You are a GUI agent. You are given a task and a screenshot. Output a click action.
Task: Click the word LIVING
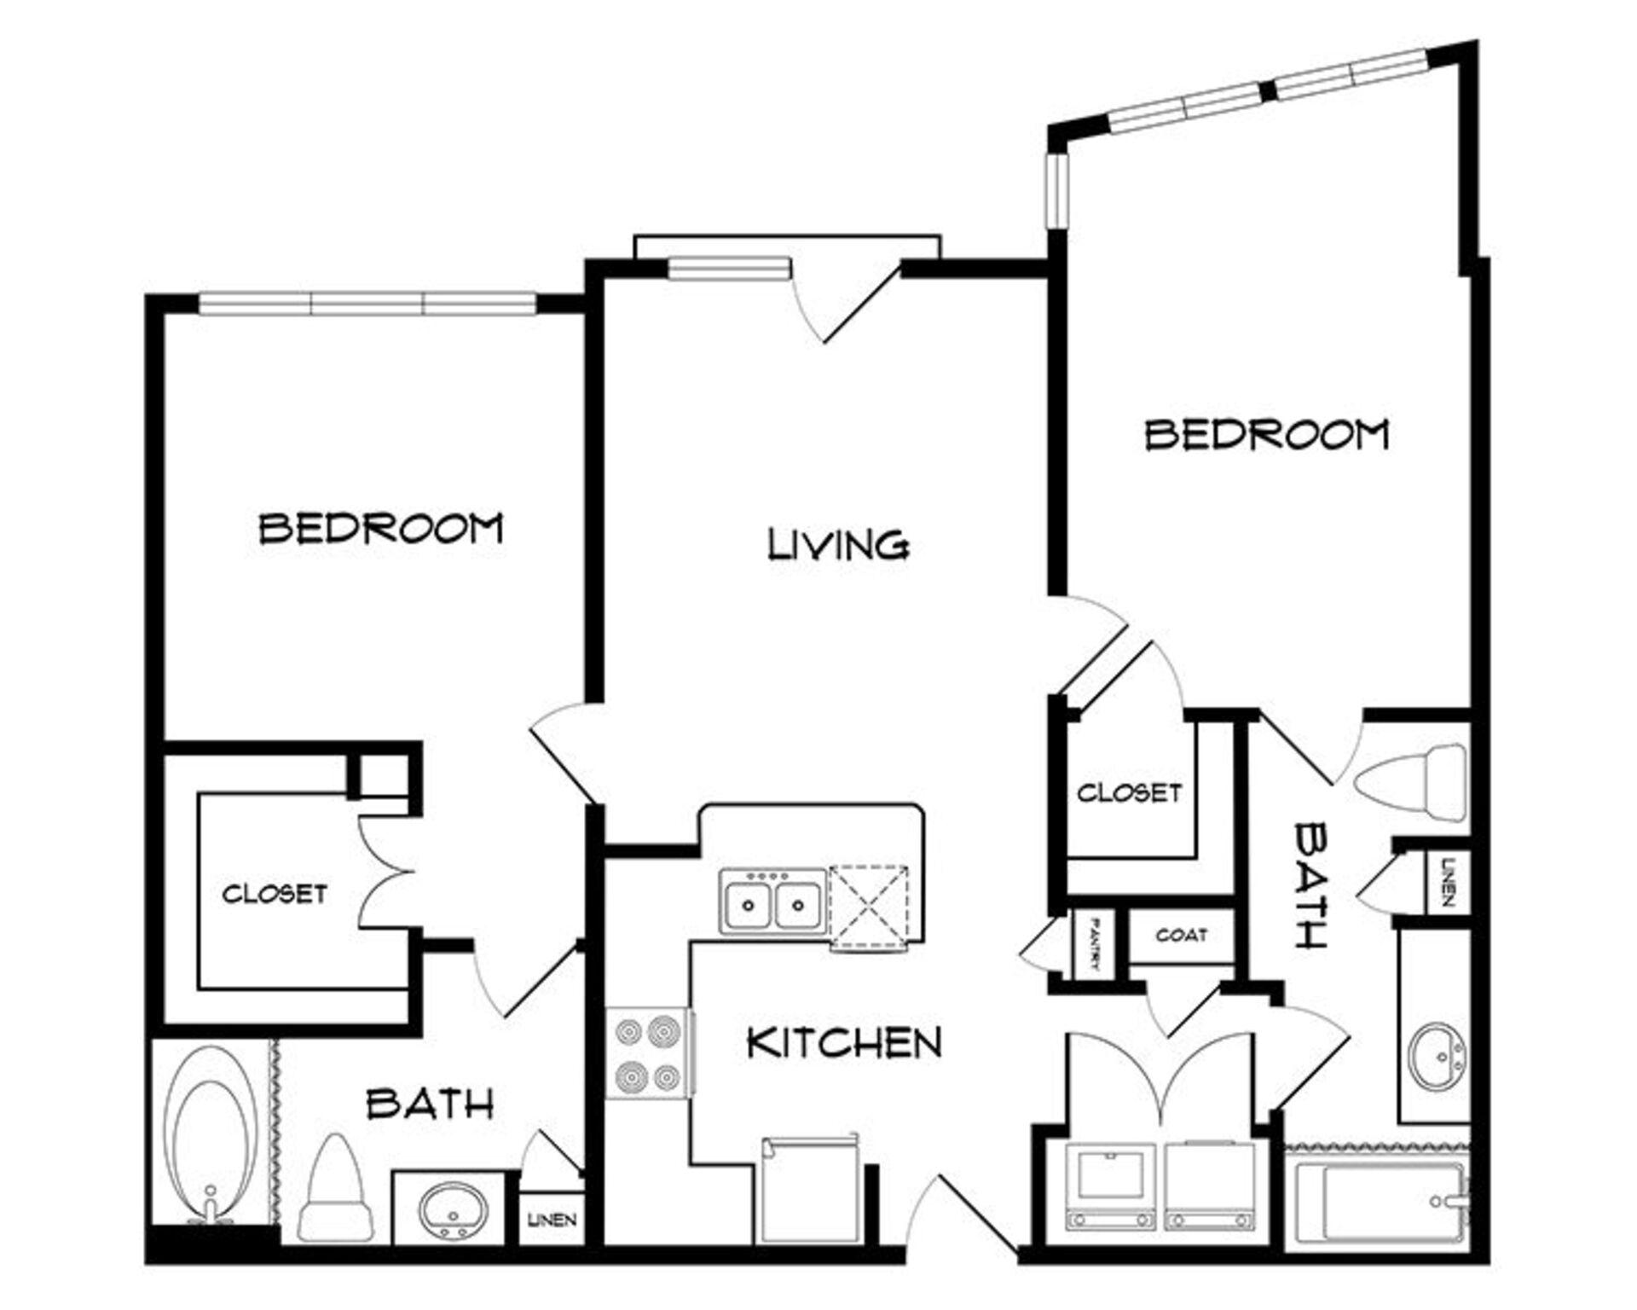(839, 545)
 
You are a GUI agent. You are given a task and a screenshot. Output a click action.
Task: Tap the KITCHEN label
(844, 1042)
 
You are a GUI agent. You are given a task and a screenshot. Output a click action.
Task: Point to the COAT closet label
(1182, 936)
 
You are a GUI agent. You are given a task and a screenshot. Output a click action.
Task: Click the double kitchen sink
(773, 901)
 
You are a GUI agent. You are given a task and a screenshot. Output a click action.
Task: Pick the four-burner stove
(648, 1053)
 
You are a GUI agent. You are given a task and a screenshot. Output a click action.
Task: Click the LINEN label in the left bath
(552, 1220)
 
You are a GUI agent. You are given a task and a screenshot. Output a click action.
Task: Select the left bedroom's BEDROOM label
(381, 528)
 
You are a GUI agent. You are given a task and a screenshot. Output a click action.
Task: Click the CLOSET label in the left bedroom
(275, 893)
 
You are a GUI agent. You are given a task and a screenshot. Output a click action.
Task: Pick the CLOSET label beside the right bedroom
(1130, 792)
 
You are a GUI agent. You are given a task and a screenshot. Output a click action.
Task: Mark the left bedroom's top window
(367, 303)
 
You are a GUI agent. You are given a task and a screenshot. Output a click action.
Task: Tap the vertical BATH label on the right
(1311, 884)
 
